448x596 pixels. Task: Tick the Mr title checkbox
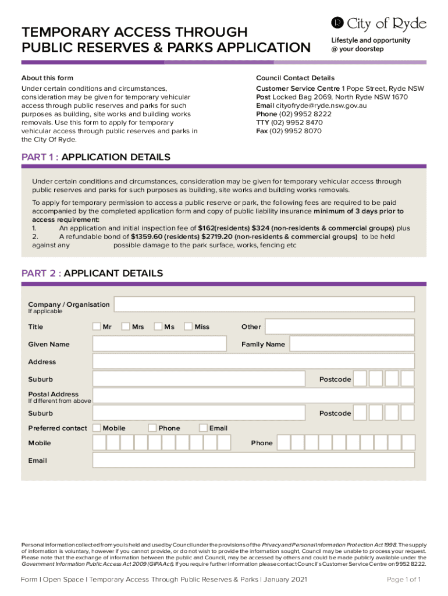click(x=97, y=327)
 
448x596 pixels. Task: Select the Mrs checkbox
click(x=126, y=327)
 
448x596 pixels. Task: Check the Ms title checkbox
click(x=158, y=327)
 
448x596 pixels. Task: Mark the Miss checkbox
click(x=188, y=327)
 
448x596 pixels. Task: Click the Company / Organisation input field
click(x=264, y=304)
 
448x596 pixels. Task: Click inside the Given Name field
click(x=159, y=344)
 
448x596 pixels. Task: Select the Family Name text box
click(x=352, y=344)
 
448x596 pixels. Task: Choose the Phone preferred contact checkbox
click(x=152, y=428)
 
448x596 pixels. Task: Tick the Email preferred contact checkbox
click(x=203, y=428)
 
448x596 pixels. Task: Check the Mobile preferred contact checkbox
click(x=97, y=428)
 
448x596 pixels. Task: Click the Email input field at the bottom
click(x=253, y=460)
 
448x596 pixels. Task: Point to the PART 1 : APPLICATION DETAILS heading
click(x=96, y=157)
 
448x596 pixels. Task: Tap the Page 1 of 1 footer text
click(x=404, y=579)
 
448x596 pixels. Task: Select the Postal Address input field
click(x=253, y=396)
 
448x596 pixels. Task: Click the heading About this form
click(x=47, y=78)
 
